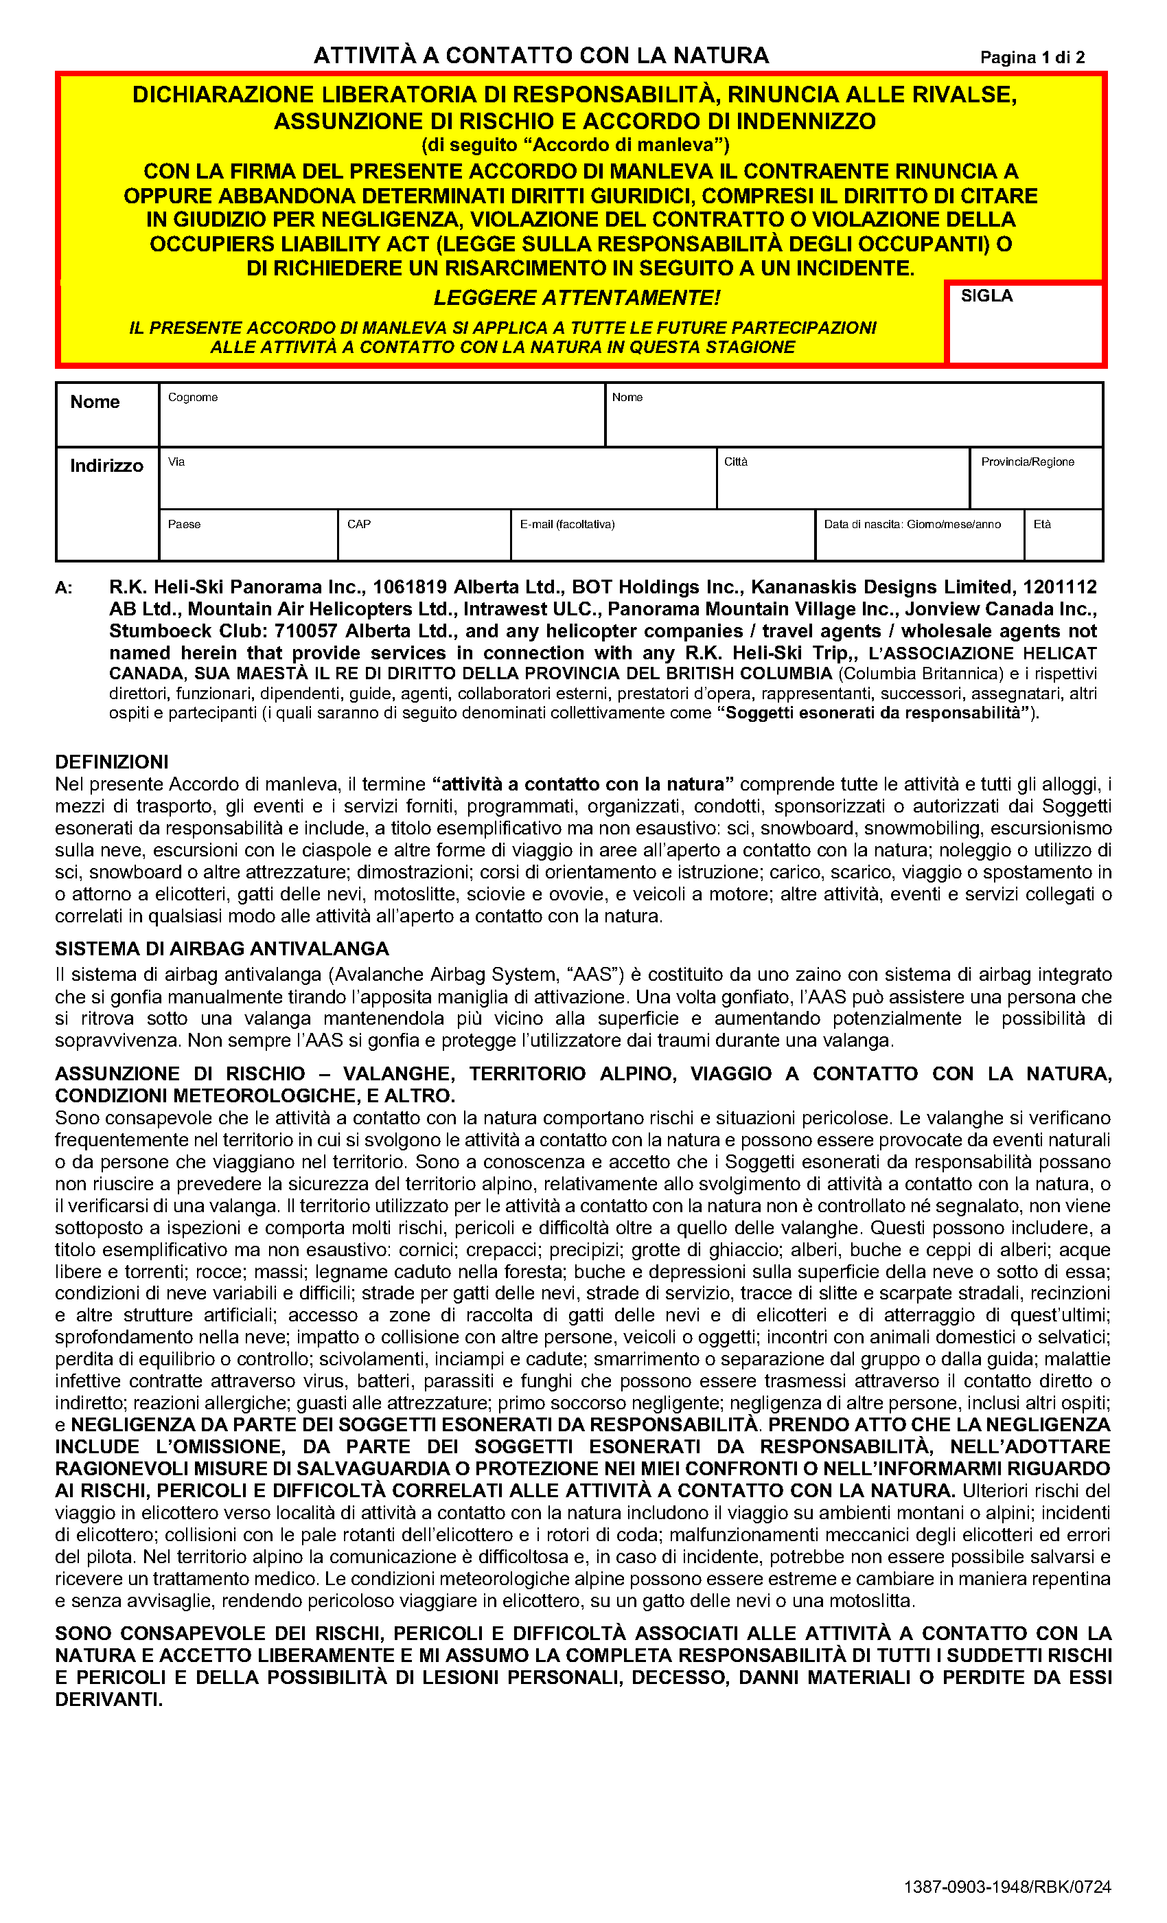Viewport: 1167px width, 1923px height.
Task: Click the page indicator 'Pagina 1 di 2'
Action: tap(1031, 57)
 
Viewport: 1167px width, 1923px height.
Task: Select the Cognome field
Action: tap(382, 420)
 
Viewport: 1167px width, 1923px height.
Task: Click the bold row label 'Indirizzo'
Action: tap(107, 466)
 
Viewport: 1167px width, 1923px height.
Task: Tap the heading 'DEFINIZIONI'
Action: tap(111, 762)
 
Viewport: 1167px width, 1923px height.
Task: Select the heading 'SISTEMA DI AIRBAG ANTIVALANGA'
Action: tap(222, 948)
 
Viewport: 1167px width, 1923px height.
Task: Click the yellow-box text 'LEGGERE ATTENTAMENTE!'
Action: tap(577, 297)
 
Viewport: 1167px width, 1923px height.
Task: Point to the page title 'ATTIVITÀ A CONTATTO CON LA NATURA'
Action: tap(542, 56)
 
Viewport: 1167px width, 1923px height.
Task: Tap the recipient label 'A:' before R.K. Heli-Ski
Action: tap(64, 588)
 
